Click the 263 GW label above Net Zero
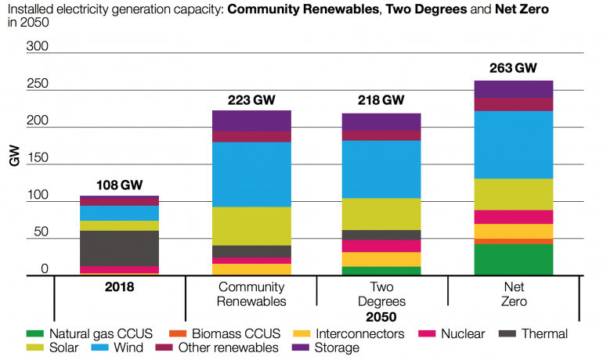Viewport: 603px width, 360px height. (513, 68)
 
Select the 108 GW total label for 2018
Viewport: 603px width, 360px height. (119, 185)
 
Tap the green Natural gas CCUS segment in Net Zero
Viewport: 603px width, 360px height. (513, 259)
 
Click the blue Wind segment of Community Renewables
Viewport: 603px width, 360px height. (251, 174)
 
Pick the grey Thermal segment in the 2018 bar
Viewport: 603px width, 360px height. (119, 248)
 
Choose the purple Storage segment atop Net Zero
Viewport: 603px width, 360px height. (513, 89)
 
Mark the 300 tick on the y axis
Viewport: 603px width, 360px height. (38, 47)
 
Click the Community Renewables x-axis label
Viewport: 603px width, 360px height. (251, 294)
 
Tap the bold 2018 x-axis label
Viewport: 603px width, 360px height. (119, 287)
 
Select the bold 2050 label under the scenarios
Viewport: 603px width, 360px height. (381, 318)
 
